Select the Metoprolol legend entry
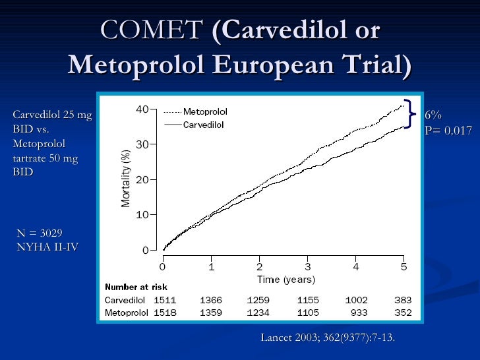(x=205, y=112)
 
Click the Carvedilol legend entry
(x=204, y=124)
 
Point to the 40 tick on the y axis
(x=142, y=109)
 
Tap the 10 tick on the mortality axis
(x=142, y=215)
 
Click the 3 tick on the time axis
(x=307, y=267)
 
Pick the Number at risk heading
(x=136, y=287)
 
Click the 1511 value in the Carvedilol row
(x=164, y=300)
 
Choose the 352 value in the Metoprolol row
(x=402, y=313)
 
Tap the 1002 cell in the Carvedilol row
(x=356, y=300)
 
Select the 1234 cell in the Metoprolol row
(x=258, y=313)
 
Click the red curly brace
(x=410, y=113)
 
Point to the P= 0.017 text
(x=448, y=131)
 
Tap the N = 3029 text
(x=39, y=233)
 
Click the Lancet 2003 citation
(x=328, y=338)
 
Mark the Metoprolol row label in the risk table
(x=126, y=313)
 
